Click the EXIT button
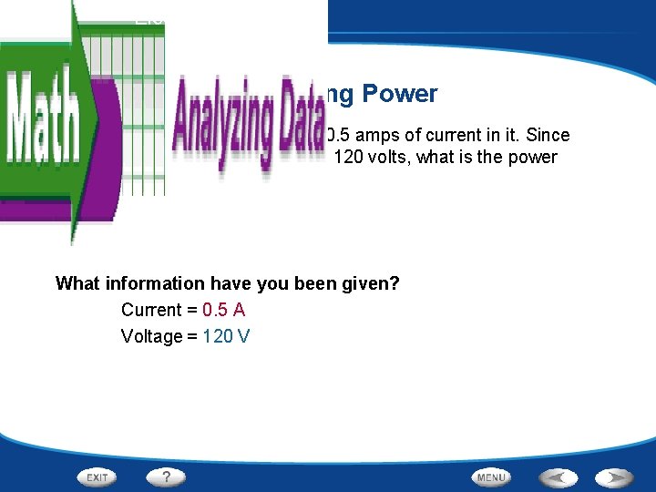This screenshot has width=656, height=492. (x=97, y=477)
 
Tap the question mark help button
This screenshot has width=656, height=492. (x=166, y=477)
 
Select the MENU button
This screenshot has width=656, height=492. (x=491, y=477)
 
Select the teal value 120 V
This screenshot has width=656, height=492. (x=226, y=336)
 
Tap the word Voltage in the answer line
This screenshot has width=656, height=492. (x=151, y=336)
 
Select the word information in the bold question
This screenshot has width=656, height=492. (x=157, y=283)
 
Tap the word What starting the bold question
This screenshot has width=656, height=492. (x=77, y=283)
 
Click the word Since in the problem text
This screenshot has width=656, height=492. (x=548, y=135)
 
